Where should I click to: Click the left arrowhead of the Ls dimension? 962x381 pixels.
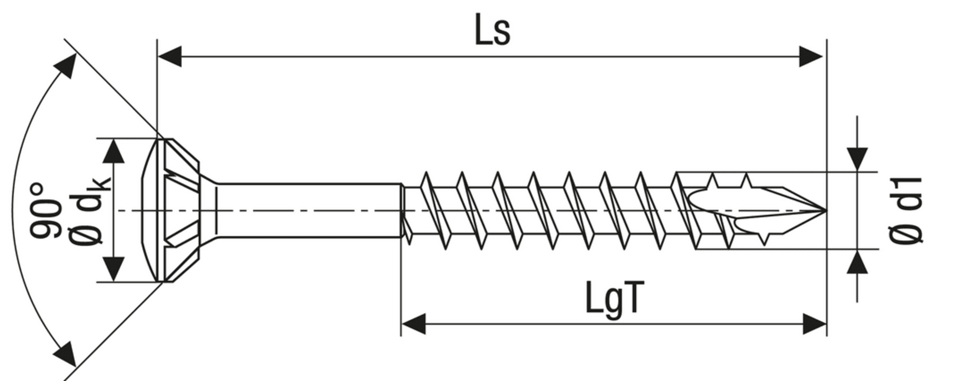[169, 57]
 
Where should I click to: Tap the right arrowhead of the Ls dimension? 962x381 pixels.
[811, 57]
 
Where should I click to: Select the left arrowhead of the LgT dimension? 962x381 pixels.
[413, 324]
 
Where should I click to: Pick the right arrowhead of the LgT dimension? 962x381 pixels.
[814, 324]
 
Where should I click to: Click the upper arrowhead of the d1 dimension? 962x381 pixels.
[857, 159]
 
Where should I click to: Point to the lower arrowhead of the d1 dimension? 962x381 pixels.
[857, 262]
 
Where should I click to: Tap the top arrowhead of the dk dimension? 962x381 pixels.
[114, 151]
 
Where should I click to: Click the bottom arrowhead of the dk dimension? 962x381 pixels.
[114, 270]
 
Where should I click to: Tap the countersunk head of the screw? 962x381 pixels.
[176, 210]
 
